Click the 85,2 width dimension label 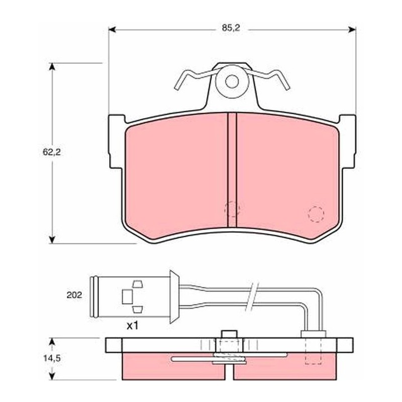(231, 28)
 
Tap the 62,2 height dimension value (52, 152)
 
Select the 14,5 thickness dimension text (52, 358)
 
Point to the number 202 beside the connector (74, 295)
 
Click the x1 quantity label (133, 326)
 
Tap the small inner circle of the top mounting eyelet (232, 81)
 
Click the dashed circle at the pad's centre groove (232, 209)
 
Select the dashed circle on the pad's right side (316, 214)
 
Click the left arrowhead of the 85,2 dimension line (113, 30)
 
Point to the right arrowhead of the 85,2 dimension (352, 30)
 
